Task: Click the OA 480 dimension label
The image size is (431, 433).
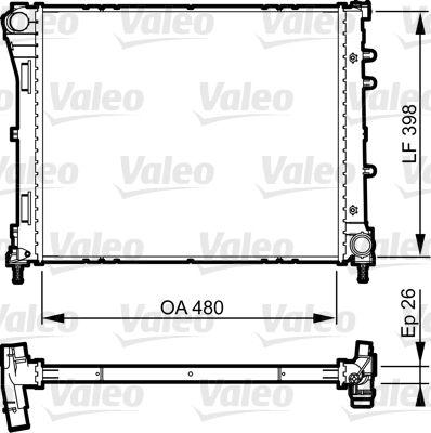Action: [192, 307]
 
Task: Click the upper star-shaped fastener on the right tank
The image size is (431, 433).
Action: [353, 57]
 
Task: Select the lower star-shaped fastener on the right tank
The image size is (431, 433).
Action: [353, 208]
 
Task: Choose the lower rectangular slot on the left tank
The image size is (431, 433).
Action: [25, 210]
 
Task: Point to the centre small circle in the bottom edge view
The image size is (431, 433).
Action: [190, 373]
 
